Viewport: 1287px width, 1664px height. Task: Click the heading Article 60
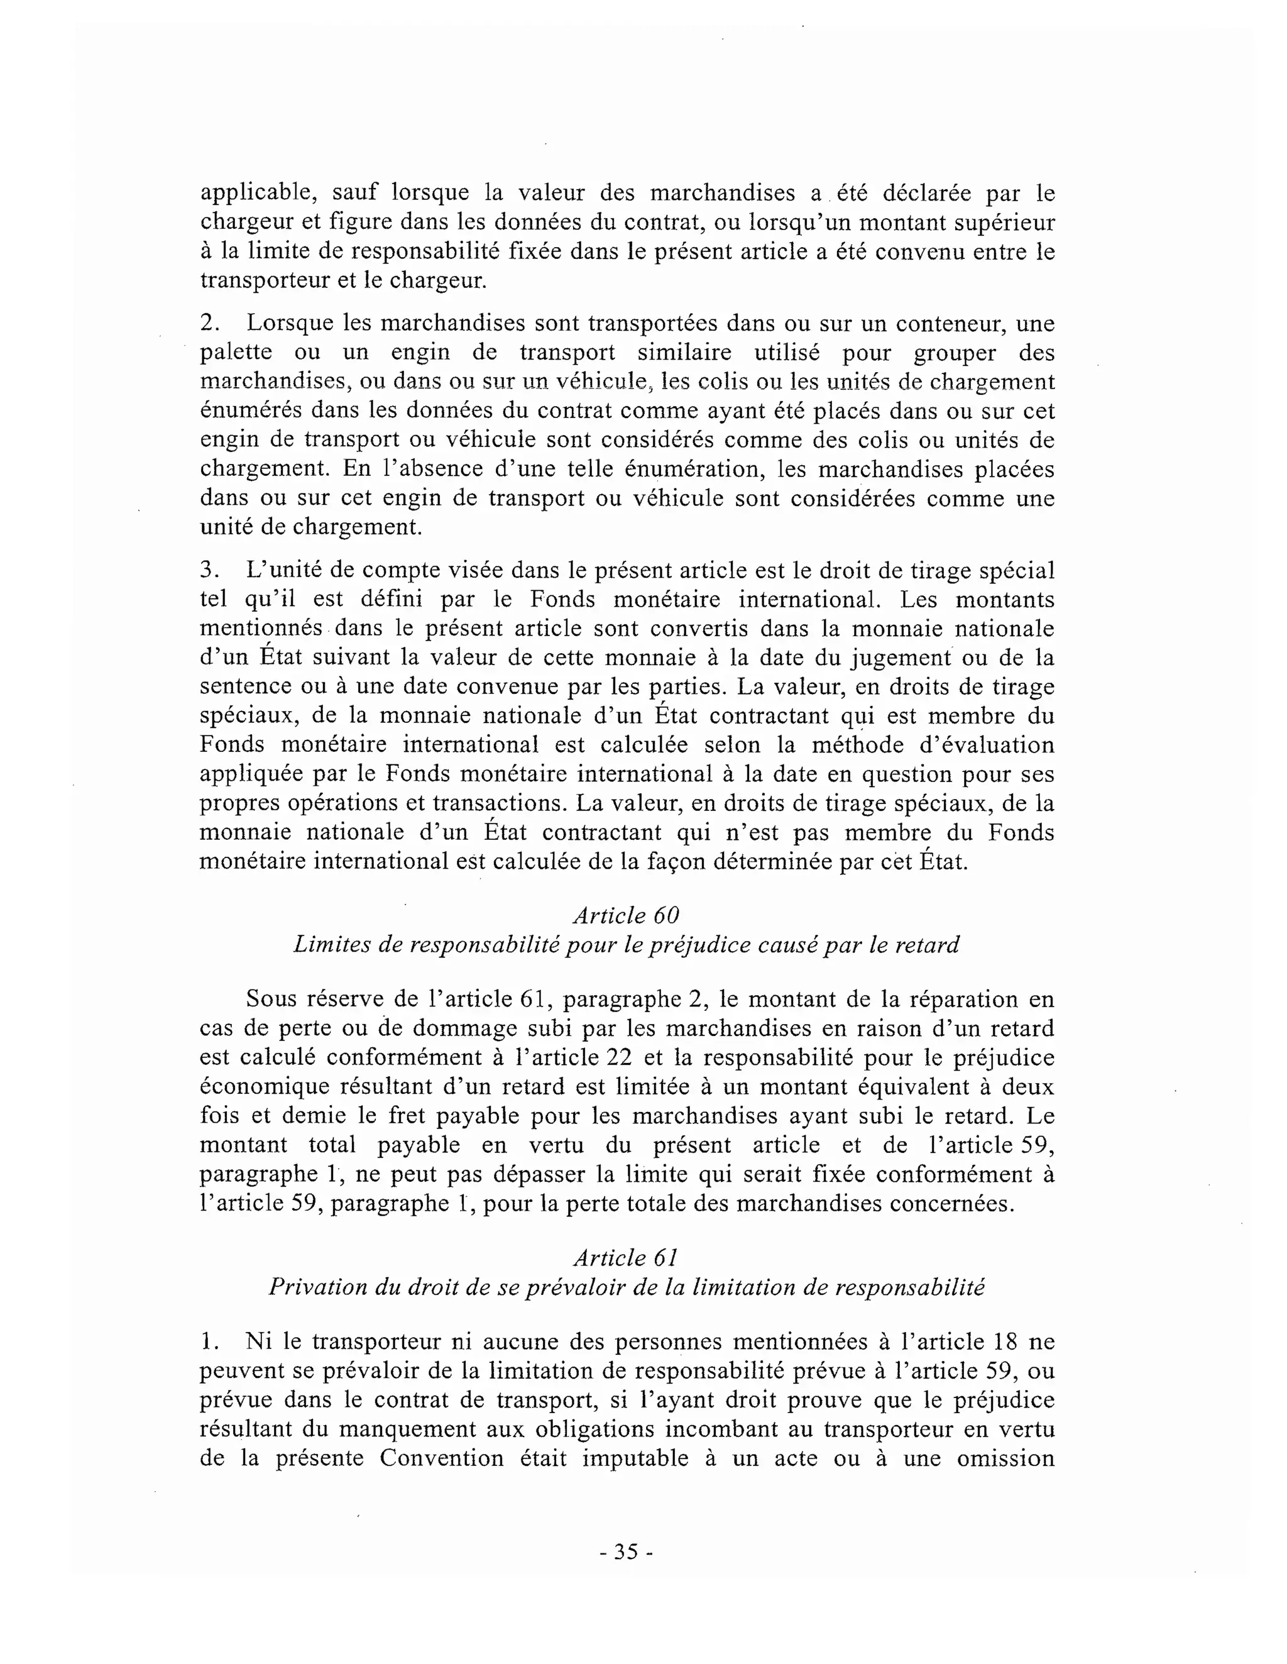tap(625, 915)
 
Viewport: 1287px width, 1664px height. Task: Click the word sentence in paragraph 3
tap(245, 686)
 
